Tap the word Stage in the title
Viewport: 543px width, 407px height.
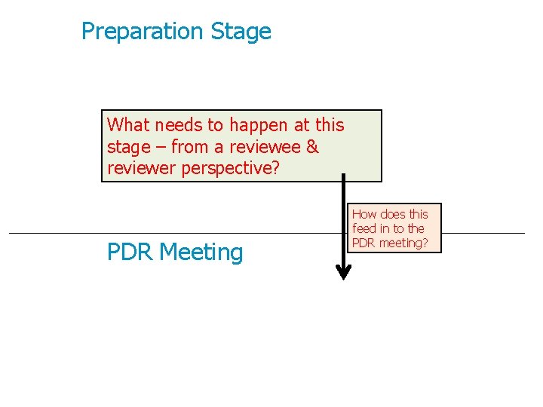[241, 32]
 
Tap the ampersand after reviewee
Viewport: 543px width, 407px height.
[312, 147]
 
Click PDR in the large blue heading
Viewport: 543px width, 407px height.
[130, 252]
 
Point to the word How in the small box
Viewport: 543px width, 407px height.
[364, 214]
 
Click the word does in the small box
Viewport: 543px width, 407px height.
[393, 214]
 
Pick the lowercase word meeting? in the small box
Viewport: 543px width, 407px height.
[403, 243]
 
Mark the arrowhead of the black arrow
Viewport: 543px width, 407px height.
[343, 272]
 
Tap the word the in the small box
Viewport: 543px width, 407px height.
[416, 228]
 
